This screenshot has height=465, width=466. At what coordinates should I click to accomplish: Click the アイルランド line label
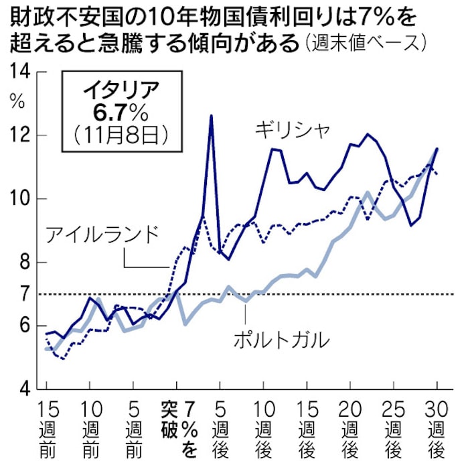click(x=104, y=235)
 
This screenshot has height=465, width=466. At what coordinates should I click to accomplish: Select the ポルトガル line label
click(x=282, y=340)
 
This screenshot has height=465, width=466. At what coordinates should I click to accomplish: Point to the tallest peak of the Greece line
click(x=212, y=116)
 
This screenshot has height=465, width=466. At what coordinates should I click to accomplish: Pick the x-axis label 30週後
click(x=437, y=429)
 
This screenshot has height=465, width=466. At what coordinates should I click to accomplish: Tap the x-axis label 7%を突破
click(x=177, y=429)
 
